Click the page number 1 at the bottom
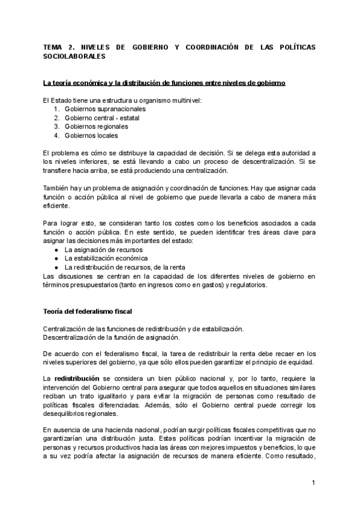coord(313,482)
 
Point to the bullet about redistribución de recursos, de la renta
coord(124,267)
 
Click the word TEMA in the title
coord(53,47)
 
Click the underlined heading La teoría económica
coord(164,83)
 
